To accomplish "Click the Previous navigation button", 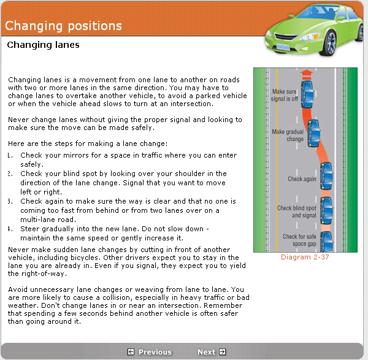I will click(x=150, y=352).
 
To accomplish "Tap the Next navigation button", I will click(x=211, y=352).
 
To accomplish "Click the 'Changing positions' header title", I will click(x=63, y=26).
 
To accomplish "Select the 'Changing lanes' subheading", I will click(x=43, y=45).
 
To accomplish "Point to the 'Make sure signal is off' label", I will click(x=285, y=94).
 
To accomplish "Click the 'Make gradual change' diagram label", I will click(x=287, y=135).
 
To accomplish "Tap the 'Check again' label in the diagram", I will click(x=302, y=179).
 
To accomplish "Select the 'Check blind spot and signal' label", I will click(x=296, y=212).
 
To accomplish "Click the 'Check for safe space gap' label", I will click(x=299, y=240).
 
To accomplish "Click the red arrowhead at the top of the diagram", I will click(x=306, y=72).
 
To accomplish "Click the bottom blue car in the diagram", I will click(x=327, y=240).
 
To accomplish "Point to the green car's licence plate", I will click(x=283, y=47).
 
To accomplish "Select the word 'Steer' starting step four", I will click(x=30, y=229).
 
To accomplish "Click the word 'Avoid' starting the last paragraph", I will click(x=18, y=289).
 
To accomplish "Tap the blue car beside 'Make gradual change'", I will click(x=313, y=132).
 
